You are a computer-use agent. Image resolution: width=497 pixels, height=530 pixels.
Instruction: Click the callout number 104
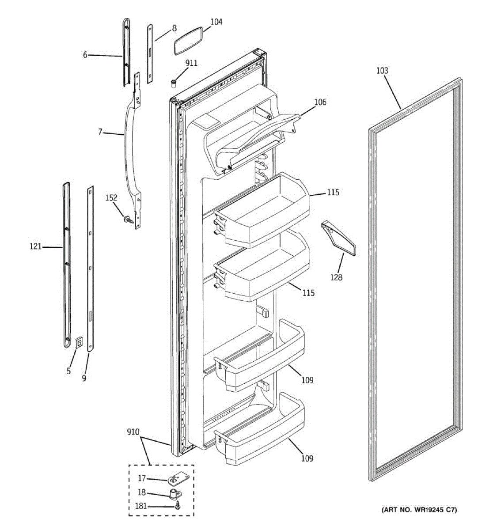(216, 22)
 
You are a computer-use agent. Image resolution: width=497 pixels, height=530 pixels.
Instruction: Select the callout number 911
(191, 63)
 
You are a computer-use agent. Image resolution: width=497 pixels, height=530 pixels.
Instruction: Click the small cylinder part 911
(174, 83)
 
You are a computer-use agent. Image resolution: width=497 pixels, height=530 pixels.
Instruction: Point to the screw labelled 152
(128, 219)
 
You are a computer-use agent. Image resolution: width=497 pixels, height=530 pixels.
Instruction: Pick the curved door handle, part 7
(129, 146)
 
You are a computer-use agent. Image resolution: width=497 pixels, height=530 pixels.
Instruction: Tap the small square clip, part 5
(80, 342)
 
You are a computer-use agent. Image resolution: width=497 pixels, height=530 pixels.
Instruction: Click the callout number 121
(35, 246)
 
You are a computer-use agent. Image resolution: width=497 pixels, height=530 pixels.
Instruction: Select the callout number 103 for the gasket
(382, 71)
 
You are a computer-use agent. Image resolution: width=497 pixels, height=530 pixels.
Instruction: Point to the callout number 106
(320, 102)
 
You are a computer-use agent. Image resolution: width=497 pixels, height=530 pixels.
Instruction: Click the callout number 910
(133, 432)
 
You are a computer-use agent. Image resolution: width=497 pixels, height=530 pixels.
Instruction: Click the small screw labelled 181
(178, 506)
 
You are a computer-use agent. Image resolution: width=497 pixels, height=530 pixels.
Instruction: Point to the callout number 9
(84, 378)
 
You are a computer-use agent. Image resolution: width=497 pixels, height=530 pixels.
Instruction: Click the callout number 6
(85, 55)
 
